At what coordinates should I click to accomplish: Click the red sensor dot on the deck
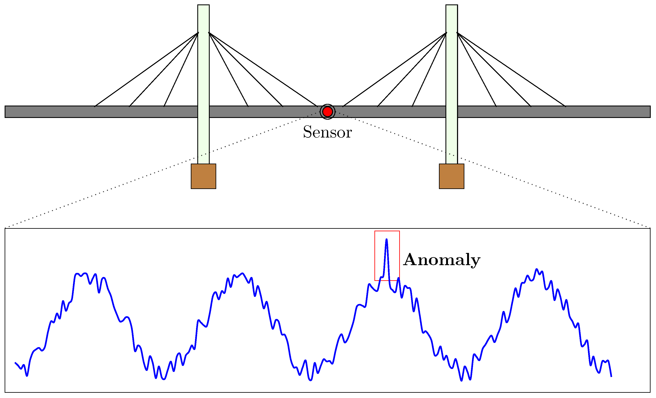point(327,112)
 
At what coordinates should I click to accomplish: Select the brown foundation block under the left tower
point(203,176)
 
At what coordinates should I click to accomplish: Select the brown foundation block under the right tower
point(452,176)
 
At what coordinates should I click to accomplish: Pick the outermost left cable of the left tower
point(146,69)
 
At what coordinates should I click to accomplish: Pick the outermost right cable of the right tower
point(511,69)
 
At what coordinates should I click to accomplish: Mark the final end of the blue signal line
point(611,376)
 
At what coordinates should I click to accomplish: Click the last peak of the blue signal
point(536,269)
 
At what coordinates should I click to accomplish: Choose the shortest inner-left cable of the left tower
point(181,69)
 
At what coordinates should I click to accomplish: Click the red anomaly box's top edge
point(387,231)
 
